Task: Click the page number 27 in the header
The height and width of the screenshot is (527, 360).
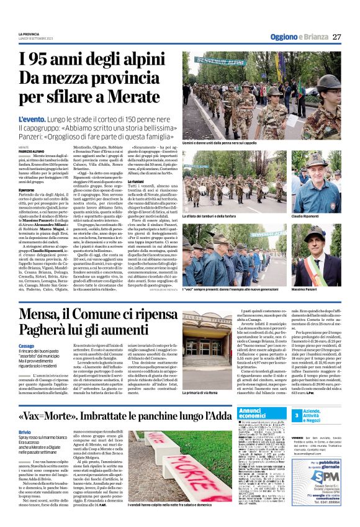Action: pos(336,37)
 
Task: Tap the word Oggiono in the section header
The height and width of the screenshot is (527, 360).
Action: pos(281,37)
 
